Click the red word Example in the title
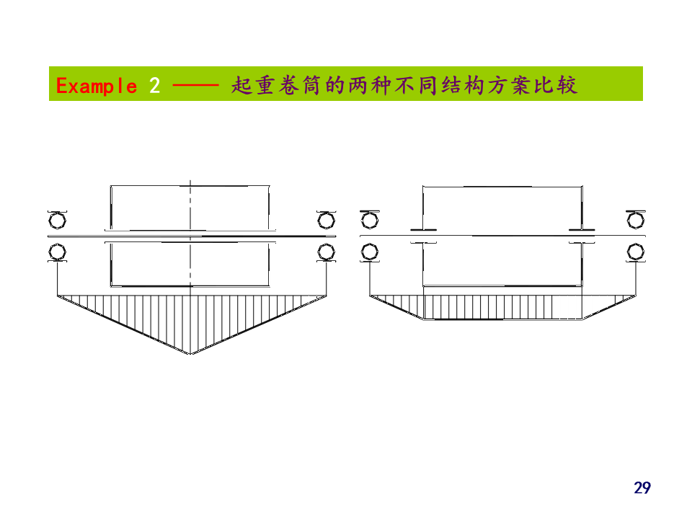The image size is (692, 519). pyautogui.click(x=96, y=86)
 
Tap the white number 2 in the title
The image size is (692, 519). pyautogui.click(x=154, y=86)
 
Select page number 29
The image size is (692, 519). pyautogui.click(x=642, y=488)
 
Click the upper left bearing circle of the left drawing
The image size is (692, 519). pyautogui.click(x=57, y=219)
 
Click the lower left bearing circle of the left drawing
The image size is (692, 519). pyautogui.click(x=57, y=252)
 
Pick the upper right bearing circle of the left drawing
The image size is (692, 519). pyautogui.click(x=326, y=219)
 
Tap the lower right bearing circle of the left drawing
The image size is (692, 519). pyautogui.click(x=326, y=252)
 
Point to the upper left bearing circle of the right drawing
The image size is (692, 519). pyautogui.click(x=370, y=219)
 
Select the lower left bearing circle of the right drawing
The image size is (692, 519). pyautogui.click(x=370, y=252)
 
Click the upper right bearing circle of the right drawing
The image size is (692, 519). pyautogui.click(x=636, y=219)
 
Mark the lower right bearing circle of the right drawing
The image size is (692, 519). pyautogui.click(x=636, y=252)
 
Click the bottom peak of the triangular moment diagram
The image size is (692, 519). pyautogui.click(x=192, y=353)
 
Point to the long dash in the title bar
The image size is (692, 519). pyautogui.click(x=195, y=86)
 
